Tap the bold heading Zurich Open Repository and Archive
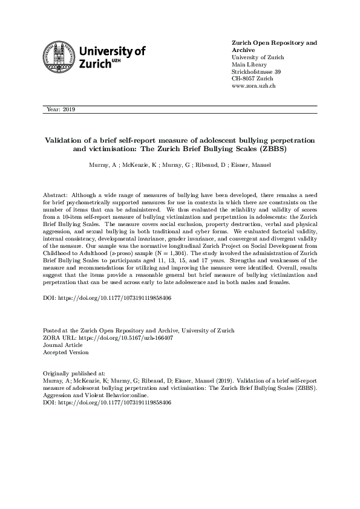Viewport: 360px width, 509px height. click(x=274, y=47)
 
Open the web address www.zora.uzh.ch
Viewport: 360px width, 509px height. click(x=254, y=87)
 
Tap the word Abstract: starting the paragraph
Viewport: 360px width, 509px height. click(x=56, y=196)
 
